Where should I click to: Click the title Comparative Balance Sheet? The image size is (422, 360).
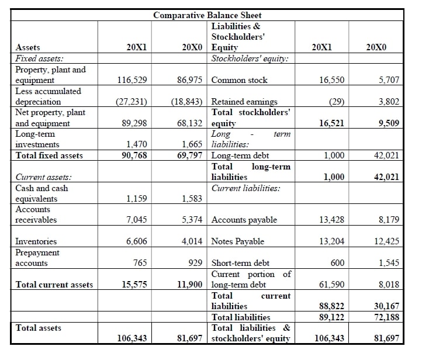[207, 15]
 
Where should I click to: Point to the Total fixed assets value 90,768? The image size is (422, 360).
[134, 155]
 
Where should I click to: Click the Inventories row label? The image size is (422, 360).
[36, 241]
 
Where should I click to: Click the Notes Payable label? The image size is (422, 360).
[237, 241]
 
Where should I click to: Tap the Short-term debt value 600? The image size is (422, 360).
[337, 263]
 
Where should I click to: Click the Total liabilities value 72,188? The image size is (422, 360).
[386, 317]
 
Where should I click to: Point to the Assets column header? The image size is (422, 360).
[28, 48]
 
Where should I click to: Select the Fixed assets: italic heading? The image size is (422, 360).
[40, 58]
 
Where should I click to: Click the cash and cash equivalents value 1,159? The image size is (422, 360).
[136, 199]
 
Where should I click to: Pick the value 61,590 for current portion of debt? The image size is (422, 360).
[331, 285]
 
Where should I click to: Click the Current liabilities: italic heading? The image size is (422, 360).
[246, 188]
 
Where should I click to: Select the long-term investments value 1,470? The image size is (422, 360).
[137, 144]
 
